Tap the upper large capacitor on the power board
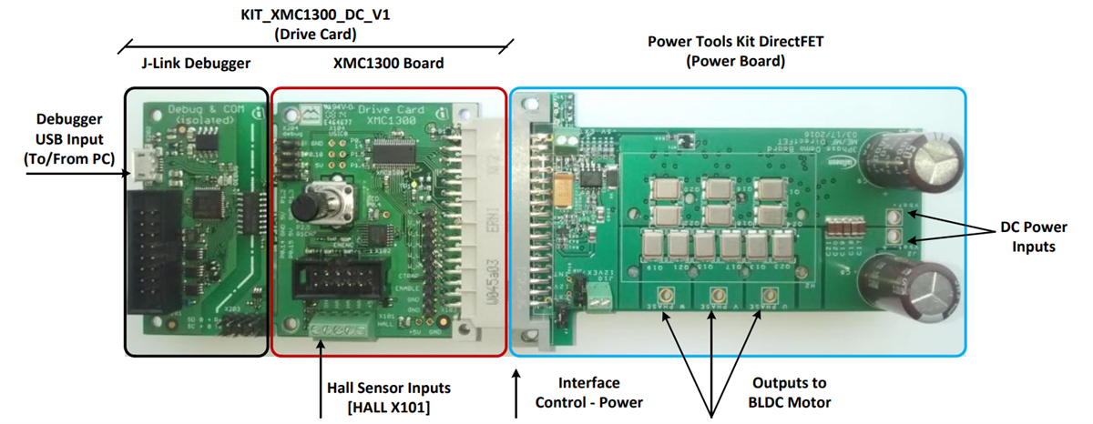click(x=906, y=160)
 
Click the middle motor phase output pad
click(x=718, y=294)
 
